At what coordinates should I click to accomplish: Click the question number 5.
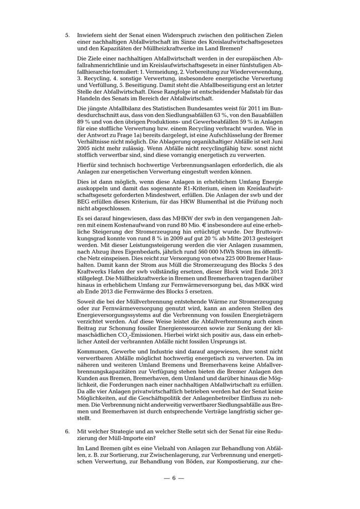(67, 35)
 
